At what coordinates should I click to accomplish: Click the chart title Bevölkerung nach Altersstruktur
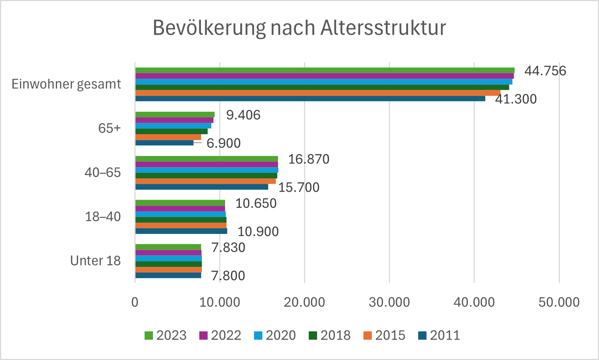[299, 28]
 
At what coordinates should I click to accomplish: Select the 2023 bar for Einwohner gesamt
[325, 70]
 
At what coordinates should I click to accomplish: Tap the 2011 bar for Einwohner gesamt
[310, 99]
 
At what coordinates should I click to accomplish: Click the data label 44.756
[545, 71]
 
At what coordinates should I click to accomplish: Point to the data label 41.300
[516, 99]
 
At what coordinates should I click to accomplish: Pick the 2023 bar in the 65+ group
[175, 115]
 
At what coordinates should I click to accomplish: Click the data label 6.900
[224, 143]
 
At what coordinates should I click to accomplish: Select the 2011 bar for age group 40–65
[202, 187]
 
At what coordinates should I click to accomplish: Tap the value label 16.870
[309, 159]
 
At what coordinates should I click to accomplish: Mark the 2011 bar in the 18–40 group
[181, 231]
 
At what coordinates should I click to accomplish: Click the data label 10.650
[256, 203]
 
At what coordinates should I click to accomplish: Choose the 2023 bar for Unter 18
[168, 247]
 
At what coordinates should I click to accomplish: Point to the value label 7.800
[228, 276]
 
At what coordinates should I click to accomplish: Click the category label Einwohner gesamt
[66, 84]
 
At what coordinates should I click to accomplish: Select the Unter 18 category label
[95, 261]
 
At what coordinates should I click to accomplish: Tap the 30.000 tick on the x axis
[389, 302]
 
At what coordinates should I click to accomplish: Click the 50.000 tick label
[559, 302]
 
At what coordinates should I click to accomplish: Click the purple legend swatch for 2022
[204, 336]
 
